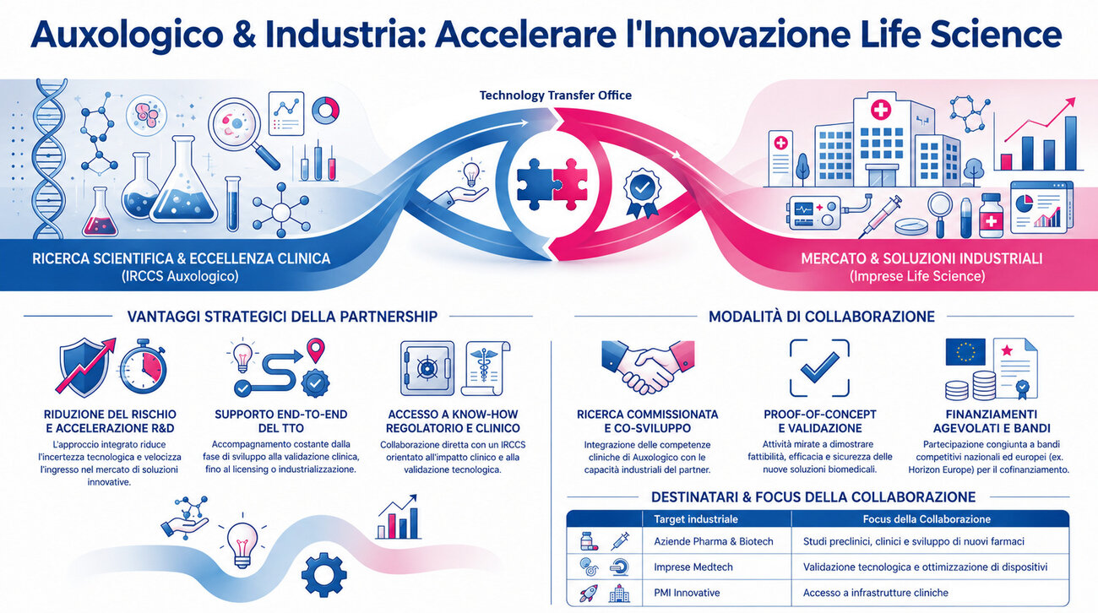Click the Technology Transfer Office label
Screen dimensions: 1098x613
pyautogui.click(x=556, y=95)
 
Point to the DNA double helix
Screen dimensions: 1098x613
pyautogui.click(x=50, y=158)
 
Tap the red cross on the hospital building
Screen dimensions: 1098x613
pyautogui.click(x=880, y=110)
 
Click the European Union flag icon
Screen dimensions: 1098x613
pyautogui.click(x=965, y=352)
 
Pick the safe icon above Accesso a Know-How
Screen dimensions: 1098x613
pyautogui.click(x=427, y=368)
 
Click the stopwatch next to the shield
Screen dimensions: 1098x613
pyautogui.click(x=143, y=366)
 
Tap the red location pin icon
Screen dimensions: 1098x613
pyautogui.click(x=315, y=350)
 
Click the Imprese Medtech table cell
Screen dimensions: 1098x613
pyautogui.click(x=693, y=567)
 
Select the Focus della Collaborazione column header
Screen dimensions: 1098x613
pyautogui.click(x=927, y=519)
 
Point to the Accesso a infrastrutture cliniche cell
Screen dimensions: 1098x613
pyautogui.click(x=876, y=593)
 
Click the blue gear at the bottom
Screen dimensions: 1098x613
pyautogui.click(x=323, y=574)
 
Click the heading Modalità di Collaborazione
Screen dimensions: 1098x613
pyautogui.click(x=822, y=317)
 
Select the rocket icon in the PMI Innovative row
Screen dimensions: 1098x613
pyautogui.click(x=588, y=593)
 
